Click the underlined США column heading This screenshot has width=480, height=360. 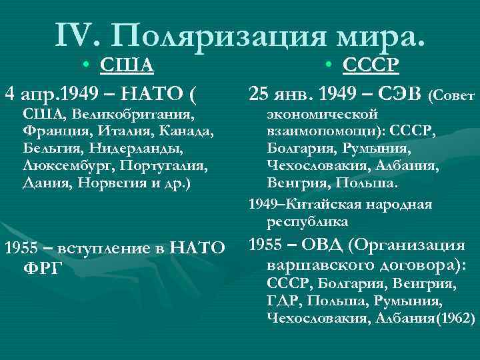127,65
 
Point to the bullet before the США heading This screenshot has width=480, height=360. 87,65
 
